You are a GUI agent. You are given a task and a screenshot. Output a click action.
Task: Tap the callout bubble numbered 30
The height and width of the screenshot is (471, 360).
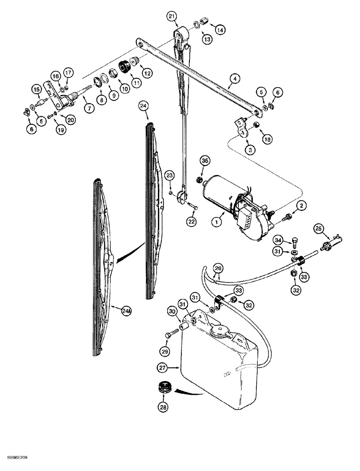(x=173, y=312)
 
